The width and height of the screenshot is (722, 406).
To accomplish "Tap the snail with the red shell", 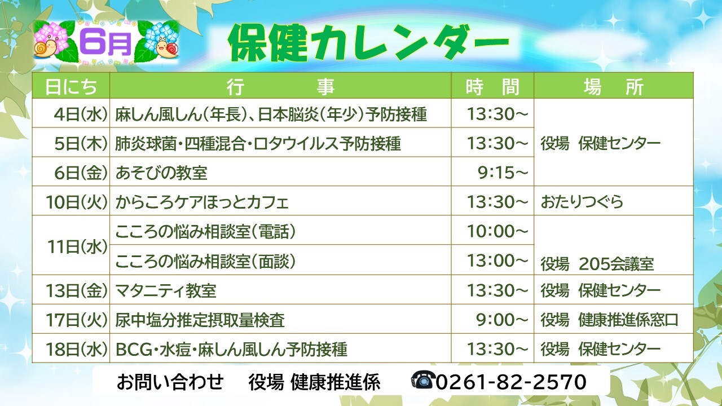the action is coord(167,47).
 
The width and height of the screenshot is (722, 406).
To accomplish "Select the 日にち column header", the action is coord(71,86).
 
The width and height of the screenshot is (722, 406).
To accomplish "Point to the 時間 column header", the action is coord(492,86).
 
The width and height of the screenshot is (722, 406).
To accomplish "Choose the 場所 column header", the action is coord(613,86).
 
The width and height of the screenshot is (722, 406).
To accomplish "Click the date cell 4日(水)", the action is coord(81,114).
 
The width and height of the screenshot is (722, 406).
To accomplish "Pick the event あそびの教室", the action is coord(161,173).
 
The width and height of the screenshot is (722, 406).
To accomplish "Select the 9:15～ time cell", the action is coord(503,173).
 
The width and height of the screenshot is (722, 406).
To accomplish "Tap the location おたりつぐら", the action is coord(582,202).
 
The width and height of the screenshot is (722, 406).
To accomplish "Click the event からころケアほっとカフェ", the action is coord(201,202).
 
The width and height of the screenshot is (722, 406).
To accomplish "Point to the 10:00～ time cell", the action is coord(498,231).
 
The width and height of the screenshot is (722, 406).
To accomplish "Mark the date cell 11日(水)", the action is coord(77,247).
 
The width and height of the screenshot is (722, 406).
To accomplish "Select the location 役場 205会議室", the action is coord(597,264).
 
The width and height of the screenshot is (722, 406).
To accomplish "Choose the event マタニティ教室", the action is coord(166,290).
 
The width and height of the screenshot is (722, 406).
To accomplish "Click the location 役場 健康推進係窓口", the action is coord(610,320).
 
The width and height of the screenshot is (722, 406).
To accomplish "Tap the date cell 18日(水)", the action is coord(77,349).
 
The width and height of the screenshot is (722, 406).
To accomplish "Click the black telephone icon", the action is coord(423,380).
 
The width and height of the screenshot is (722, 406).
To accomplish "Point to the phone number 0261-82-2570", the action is coord(511,382).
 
